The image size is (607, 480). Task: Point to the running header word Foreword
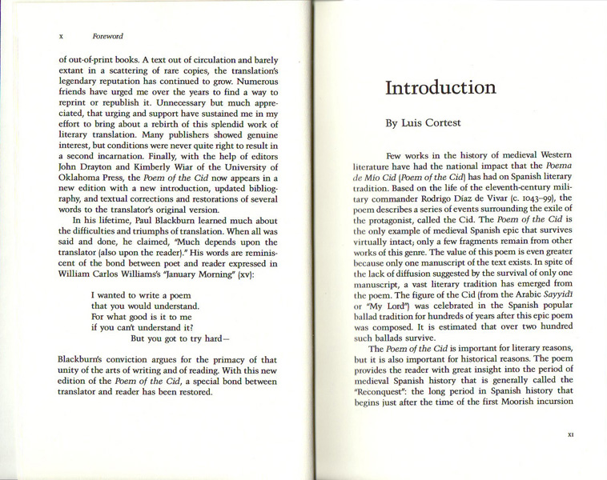107,36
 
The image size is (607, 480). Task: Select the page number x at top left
62,36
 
